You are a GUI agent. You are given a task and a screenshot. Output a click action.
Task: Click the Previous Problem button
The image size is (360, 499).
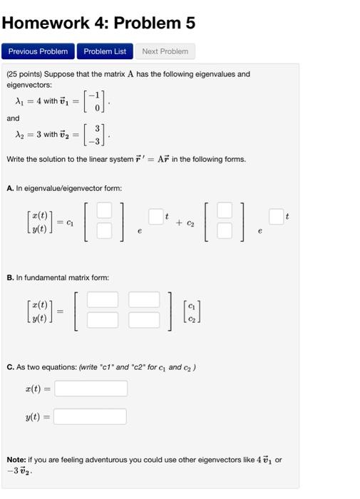pos(38,51)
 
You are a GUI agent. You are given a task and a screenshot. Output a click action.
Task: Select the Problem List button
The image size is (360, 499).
pos(105,51)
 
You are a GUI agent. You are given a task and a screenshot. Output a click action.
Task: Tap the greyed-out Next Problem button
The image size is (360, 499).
pos(165,51)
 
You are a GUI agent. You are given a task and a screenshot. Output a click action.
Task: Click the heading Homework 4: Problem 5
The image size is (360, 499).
pos(98,23)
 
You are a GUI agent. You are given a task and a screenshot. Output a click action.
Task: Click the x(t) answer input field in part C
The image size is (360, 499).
pos(91,389)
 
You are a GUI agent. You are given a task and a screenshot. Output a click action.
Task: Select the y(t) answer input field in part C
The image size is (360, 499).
pos(90,416)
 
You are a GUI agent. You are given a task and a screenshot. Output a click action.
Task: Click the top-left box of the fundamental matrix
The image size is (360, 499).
pos(103,299)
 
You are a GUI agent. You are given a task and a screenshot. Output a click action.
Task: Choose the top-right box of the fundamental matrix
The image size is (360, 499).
pos(144,299)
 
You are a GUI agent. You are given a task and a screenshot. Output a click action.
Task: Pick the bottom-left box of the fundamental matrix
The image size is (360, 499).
pos(103,319)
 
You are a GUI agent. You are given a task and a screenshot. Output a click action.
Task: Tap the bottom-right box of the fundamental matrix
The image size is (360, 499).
pos(144,319)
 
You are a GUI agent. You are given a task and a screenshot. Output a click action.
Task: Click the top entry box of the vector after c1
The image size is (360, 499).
pos(104,210)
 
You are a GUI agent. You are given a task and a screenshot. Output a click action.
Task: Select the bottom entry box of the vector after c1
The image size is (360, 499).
pos(104,230)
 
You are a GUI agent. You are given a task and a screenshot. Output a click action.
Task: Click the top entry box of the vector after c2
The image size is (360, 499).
pos(224,210)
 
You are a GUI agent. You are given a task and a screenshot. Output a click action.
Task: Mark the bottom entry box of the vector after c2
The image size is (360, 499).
pos(224,230)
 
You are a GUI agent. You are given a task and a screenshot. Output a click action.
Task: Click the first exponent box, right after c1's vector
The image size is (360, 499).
pos(156,216)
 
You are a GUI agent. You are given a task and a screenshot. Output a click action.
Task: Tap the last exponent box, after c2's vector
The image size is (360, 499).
pos(277,216)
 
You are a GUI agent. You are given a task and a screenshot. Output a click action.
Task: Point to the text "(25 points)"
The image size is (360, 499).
pos(26,74)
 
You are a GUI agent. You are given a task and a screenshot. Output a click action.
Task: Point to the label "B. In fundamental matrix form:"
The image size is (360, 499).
pos(58,277)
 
